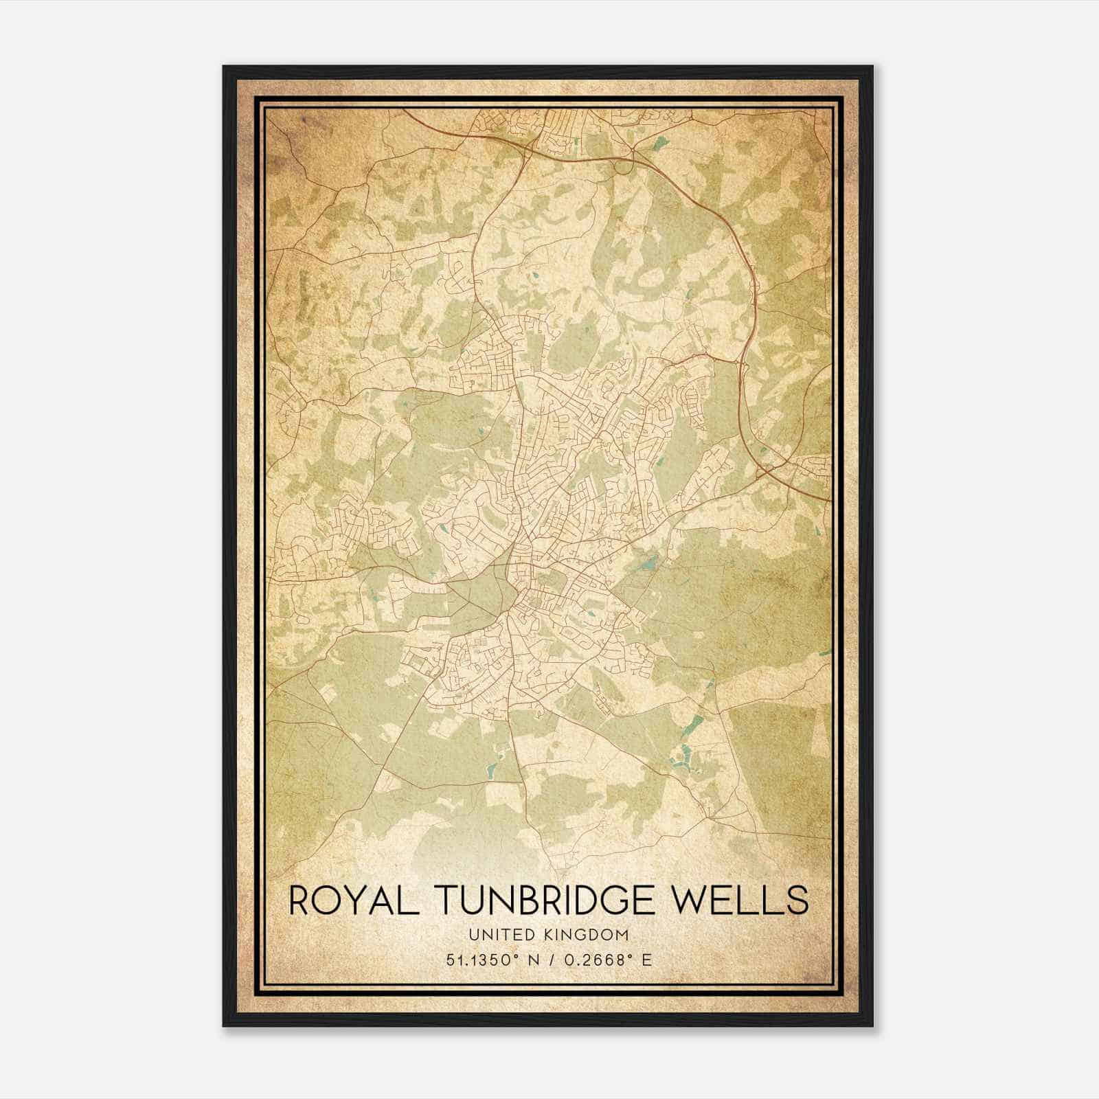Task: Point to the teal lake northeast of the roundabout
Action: [661, 143]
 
